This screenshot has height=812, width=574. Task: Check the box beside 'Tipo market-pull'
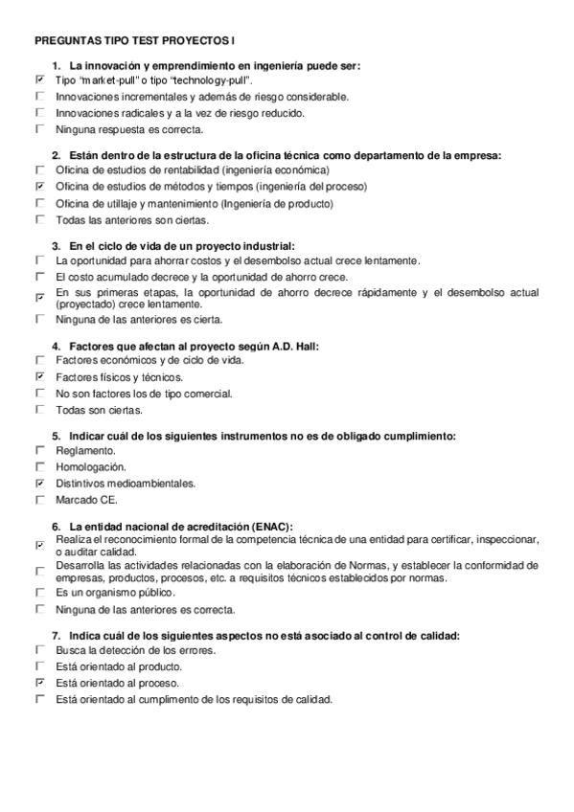(x=39, y=80)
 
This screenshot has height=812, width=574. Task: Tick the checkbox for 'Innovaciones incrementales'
(x=39, y=97)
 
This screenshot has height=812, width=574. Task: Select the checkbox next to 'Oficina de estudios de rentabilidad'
(x=39, y=169)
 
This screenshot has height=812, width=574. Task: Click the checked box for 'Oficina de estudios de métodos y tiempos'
(x=39, y=186)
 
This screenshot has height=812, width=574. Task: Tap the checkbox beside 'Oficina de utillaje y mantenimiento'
(x=39, y=203)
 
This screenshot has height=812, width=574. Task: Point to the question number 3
(x=56, y=245)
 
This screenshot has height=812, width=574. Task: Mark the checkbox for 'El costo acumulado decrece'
(x=39, y=276)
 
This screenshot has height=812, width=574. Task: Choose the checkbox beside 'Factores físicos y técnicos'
(x=39, y=377)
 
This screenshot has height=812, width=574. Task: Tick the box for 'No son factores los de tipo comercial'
(x=39, y=394)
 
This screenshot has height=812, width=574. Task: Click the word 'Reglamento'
(x=85, y=450)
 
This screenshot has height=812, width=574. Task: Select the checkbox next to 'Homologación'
(x=39, y=466)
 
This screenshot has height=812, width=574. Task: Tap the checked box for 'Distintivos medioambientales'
(x=39, y=483)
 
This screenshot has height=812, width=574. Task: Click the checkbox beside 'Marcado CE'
(x=39, y=499)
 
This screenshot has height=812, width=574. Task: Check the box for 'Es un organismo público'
(x=39, y=593)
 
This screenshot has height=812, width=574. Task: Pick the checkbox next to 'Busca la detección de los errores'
(x=39, y=650)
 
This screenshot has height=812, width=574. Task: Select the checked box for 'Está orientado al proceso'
(x=39, y=683)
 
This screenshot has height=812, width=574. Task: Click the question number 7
(x=56, y=635)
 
